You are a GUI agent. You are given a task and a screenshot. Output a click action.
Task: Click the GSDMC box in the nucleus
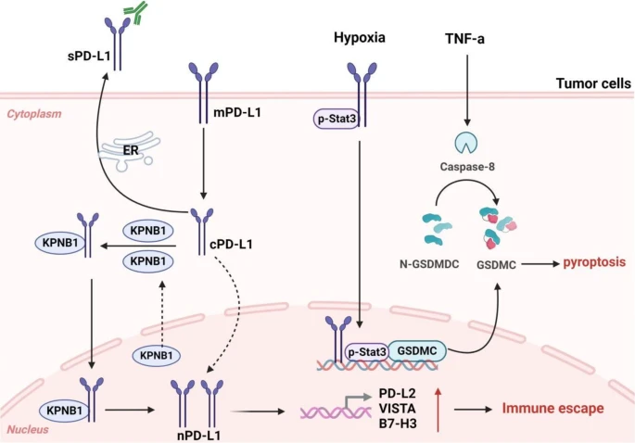point(419,350)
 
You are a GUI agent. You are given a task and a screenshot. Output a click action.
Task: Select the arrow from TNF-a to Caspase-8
point(468,88)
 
